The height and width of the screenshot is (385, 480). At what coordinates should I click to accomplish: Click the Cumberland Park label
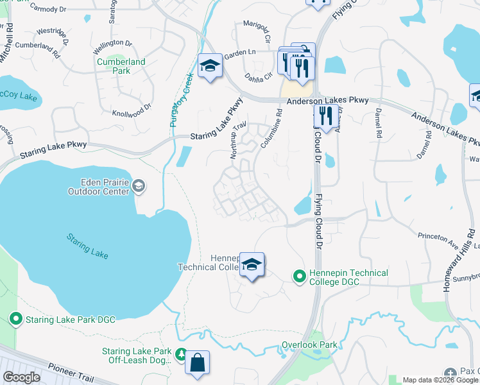tap(121, 67)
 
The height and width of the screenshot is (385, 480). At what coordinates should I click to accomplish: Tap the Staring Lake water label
tap(87, 246)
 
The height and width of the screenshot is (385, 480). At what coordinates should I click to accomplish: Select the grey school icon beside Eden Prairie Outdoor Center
tap(138, 187)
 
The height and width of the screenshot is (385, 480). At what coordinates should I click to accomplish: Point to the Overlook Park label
tap(309, 345)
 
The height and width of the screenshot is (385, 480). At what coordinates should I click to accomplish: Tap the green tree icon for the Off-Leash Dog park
tap(181, 354)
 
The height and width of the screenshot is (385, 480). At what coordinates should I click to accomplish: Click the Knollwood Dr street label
tap(131, 110)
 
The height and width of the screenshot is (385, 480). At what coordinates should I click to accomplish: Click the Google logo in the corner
tap(22, 377)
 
